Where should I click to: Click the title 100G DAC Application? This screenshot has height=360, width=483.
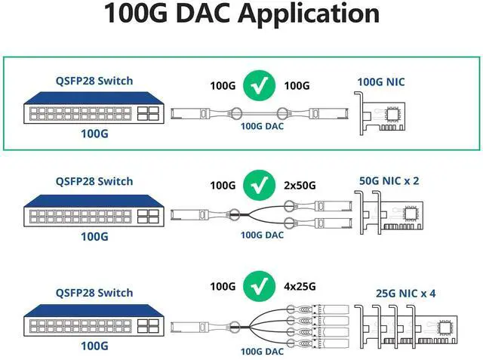tap(241, 14)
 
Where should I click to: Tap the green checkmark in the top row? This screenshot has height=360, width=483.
tap(260, 86)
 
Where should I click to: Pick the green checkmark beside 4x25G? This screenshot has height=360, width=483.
tap(260, 286)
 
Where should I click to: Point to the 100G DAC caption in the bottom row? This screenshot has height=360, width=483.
tap(262, 351)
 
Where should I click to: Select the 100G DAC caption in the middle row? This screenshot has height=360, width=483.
tap(262, 235)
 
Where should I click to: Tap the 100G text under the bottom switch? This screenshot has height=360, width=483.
tap(94, 346)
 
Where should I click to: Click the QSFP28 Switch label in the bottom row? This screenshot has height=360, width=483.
tap(94, 292)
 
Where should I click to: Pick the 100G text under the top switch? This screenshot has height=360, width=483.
tap(94, 134)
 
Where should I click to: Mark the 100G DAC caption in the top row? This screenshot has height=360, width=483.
tap(262, 127)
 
